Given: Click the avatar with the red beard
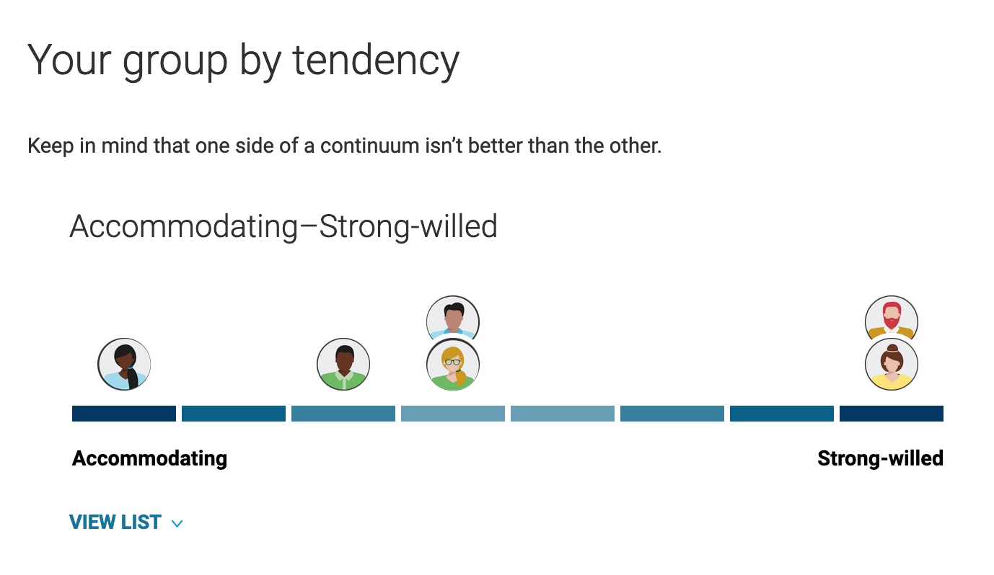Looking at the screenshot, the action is (891, 320).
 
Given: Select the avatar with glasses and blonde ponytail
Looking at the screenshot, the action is (452, 365).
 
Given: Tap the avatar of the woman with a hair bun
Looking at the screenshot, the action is (891, 365).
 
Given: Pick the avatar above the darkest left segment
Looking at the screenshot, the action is (124, 365).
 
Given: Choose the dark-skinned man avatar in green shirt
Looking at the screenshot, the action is (343, 365).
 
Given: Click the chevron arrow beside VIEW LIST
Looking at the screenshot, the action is (177, 524).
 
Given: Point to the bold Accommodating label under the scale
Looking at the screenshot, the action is (149, 458).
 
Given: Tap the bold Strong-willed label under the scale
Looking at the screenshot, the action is (881, 458).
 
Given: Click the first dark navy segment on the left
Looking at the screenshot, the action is (124, 414).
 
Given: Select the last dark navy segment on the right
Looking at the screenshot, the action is (892, 414).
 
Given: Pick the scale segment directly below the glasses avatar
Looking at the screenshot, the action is (452, 414).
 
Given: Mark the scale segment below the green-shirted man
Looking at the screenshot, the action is (343, 414).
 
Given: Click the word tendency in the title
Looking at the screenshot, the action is (376, 61).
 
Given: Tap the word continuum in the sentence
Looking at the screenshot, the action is (369, 146).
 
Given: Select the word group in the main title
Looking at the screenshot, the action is (175, 63).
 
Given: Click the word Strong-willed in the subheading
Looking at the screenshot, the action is (408, 226).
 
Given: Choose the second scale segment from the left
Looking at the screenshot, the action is (234, 414).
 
